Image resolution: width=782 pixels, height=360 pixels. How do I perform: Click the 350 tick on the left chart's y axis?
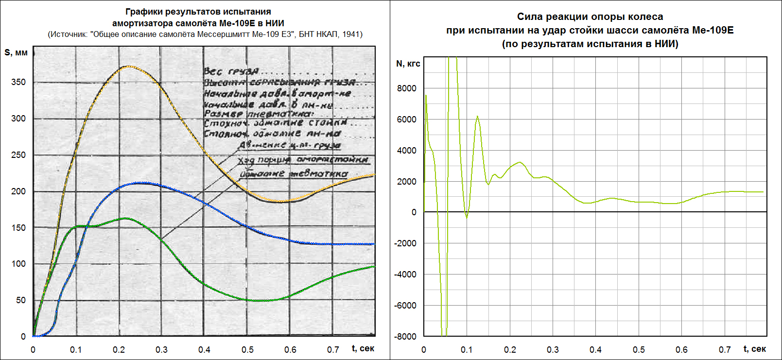pyautogui.click(x=18, y=82)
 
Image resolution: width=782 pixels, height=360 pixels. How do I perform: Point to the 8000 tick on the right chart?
pyautogui.click(x=407, y=88)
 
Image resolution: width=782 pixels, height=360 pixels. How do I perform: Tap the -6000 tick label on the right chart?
pyautogui.click(x=405, y=306)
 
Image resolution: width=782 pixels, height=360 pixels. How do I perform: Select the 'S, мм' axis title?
pyautogui.click(x=16, y=52)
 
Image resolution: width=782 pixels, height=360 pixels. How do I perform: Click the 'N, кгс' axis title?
pyautogui.click(x=408, y=64)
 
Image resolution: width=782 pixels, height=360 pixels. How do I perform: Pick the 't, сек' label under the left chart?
pyautogui.click(x=363, y=348)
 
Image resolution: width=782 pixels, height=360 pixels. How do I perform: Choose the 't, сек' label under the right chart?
pyautogui.click(x=755, y=349)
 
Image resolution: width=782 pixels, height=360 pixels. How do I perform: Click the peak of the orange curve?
pyautogui.click(x=127, y=66)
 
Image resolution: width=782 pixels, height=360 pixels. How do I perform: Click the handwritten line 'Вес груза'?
pyautogui.click(x=231, y=71)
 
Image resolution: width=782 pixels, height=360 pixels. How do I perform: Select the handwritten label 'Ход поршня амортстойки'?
pyautogui.click(x=303, y=160)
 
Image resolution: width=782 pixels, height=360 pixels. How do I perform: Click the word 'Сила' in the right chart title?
pyautogui.click(x=529, y=17)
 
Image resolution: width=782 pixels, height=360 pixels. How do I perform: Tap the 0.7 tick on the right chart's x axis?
pyautogui.click(x=725, y=350)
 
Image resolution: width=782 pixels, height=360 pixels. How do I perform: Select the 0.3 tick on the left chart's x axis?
pyautogui.click(x=162, y=350)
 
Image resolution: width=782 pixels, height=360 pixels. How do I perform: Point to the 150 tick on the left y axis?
pyautogui.click(x=18, y=228)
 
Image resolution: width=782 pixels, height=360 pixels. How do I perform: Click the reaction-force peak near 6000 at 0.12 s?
pyautogui.click(x=477, y=117)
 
